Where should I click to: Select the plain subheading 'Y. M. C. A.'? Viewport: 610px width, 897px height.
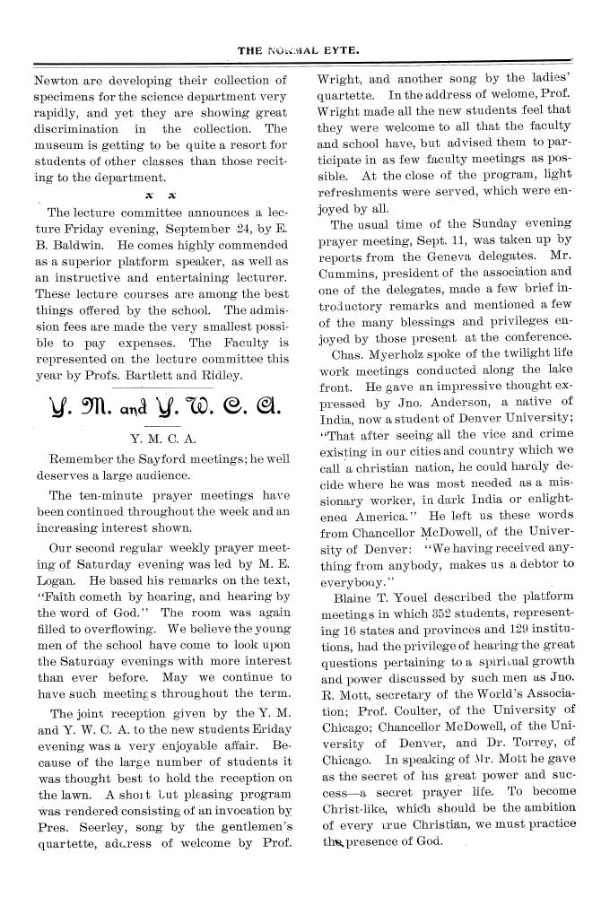click(x=170, y=439)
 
